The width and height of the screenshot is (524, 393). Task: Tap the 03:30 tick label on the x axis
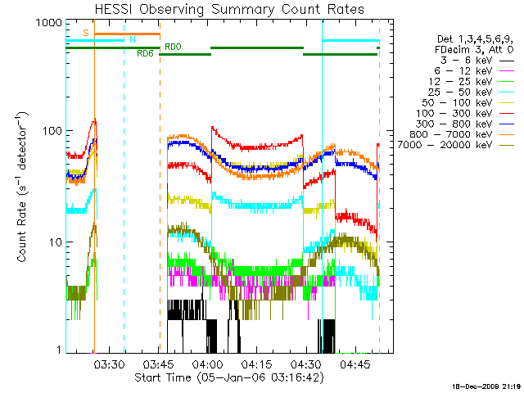(108, 364)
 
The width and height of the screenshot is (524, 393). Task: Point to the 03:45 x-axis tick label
(157, 364)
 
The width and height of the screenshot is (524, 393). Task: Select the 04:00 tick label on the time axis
(207, 364)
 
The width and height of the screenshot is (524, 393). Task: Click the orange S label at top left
(86, 33)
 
